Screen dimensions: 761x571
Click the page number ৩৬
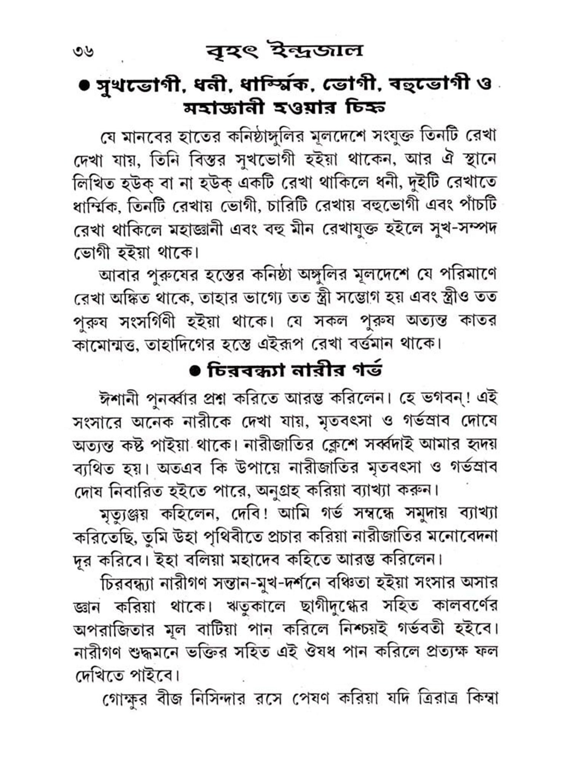(x=83, y=51)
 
